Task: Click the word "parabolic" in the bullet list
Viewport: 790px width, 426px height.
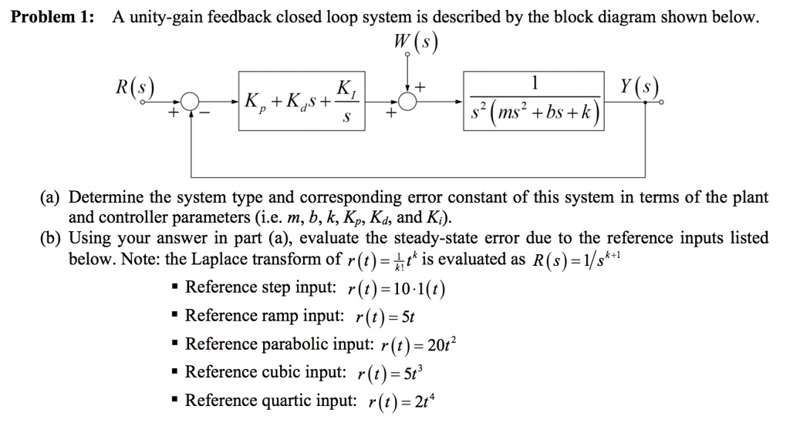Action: (282, 344)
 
